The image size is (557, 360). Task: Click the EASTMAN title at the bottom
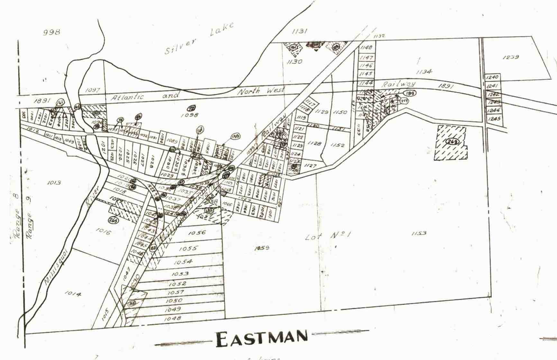[x=261, y=339]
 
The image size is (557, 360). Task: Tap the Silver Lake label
[x=199, y=39]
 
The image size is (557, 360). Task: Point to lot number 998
[x=51, y=32]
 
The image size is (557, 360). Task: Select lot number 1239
[x=510, y=57]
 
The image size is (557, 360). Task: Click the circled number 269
[x=452, y=142]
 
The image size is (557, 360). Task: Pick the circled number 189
[x=410, y=93]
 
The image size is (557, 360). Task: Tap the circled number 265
[x=113, y=220]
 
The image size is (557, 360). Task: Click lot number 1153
[x=419, y=233]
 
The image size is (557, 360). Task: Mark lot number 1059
[x=261, y=248]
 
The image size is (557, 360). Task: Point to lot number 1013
[x=54, y=183]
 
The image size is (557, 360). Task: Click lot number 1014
[x=73, y=293]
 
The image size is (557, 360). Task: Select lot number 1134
[x=424, y=72]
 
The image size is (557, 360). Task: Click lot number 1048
[x=172, y=319]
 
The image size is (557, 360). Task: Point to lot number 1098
[x=189, y=115]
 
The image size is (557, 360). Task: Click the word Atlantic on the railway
[x=127, y=97]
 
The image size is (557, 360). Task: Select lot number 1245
[x=494, y=119]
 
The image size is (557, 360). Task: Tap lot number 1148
[x=366, y=48]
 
